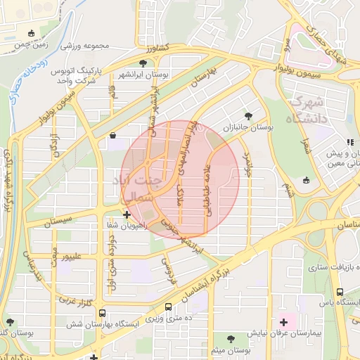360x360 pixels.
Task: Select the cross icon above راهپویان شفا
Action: coord(126,214)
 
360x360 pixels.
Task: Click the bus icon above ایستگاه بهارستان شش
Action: coord(103,314)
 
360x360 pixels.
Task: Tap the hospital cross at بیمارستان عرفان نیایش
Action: coord(283,321)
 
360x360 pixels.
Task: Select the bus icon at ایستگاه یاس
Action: coord(340,292)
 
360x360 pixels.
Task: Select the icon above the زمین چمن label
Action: coord(30,33)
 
